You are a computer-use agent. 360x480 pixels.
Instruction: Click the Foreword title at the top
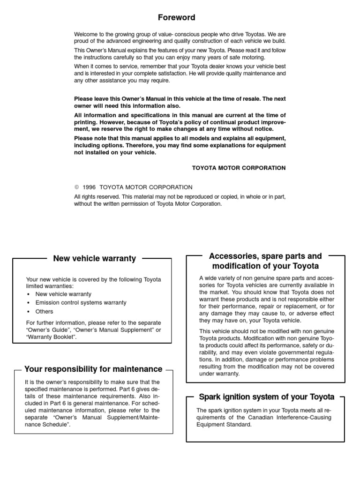[x=176, y=18]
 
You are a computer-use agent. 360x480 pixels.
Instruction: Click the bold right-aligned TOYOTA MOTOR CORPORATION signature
[x=239, y=167]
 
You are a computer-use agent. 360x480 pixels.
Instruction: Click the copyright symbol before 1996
[x=77, y=187]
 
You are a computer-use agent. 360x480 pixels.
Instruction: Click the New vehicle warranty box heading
[x=95, y=258]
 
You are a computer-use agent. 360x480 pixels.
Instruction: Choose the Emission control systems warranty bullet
[x=81, y=303]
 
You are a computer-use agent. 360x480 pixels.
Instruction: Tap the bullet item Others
[x=44, y=312]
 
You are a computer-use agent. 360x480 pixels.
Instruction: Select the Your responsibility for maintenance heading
[x=93, y=369]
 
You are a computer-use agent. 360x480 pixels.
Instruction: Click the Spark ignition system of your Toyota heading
[x=267, y=397]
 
